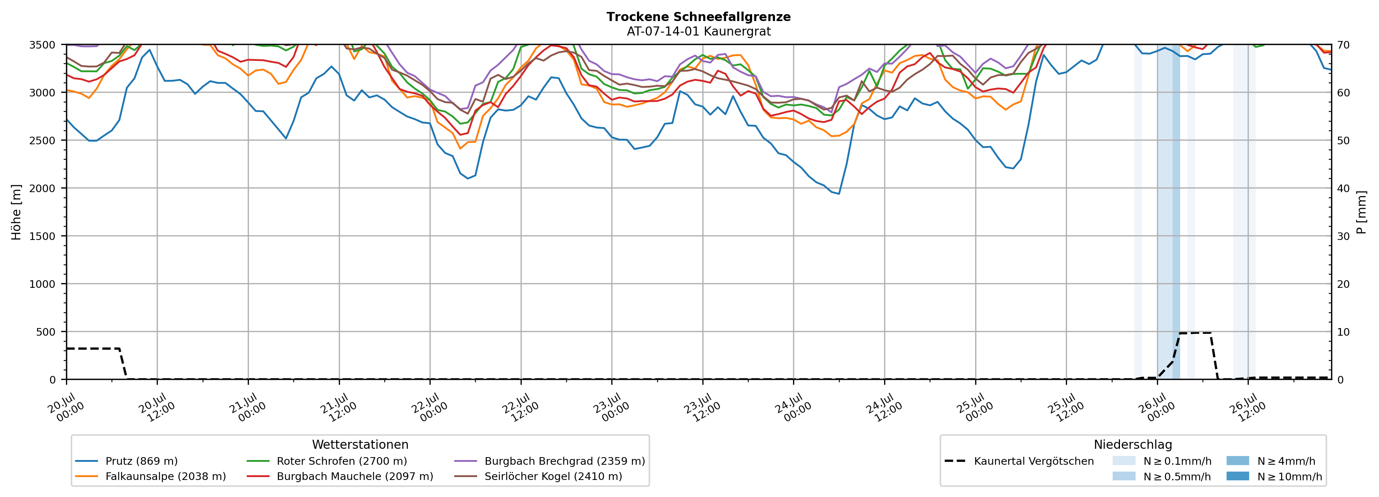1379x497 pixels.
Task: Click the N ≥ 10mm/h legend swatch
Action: [x=1238, y=476]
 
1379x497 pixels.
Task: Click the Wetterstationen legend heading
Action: [x=360, y=444]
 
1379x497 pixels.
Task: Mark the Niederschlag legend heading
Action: [x=1133, y=444]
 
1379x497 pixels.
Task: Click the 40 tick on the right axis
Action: [x=1344, y=188]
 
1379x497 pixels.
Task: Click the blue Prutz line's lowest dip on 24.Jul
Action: [x=839, y=194]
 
